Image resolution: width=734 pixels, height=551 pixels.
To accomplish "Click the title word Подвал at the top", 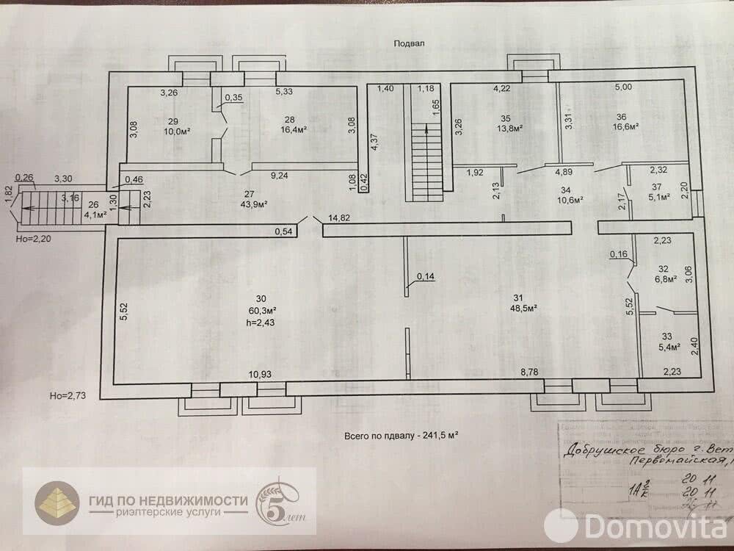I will [410, 43].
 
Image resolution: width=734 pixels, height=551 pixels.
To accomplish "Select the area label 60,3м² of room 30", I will [261, 311].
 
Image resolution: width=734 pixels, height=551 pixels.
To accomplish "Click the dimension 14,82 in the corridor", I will [344, 218].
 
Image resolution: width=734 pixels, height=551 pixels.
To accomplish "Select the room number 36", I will [622, 116].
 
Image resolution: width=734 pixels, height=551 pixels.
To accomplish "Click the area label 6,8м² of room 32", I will [665, 280].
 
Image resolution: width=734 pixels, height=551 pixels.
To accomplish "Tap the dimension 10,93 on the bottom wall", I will [261, 375].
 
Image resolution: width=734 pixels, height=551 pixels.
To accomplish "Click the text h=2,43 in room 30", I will [261, 322].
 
